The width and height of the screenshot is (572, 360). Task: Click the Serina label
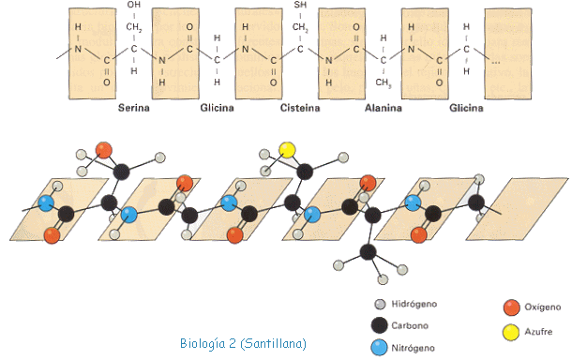click(133, 108)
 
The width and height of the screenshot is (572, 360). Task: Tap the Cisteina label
click(300, 108)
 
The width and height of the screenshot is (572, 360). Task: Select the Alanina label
click(384, 108)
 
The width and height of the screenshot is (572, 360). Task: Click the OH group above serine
click(134, 5)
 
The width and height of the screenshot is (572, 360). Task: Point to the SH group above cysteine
click(300, 5)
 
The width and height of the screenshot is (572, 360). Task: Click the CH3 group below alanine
click(384, 82)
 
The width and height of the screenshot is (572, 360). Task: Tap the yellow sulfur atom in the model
click(288, 150)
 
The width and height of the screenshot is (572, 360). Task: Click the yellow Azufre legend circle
click(511, 332)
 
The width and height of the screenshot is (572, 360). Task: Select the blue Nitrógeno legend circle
click(379, 347)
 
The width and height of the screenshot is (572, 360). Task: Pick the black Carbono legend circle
click(379, 325)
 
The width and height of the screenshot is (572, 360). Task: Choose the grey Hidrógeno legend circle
click(380, 304)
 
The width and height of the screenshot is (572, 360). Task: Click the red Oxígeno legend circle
click(511, 307)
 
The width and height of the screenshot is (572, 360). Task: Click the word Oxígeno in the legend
click(542, 307)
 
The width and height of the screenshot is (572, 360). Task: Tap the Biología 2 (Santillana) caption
click(243, 343)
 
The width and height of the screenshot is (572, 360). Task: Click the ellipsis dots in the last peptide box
click(495, 63)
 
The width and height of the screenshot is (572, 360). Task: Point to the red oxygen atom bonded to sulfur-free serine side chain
click(103, 150)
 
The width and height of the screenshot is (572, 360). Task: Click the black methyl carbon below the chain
click(368, 251)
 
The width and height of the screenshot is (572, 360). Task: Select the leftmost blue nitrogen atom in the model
click(46, 203)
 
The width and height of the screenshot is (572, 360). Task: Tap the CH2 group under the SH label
click(300, 27)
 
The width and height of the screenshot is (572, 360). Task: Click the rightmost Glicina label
click(466, 108)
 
